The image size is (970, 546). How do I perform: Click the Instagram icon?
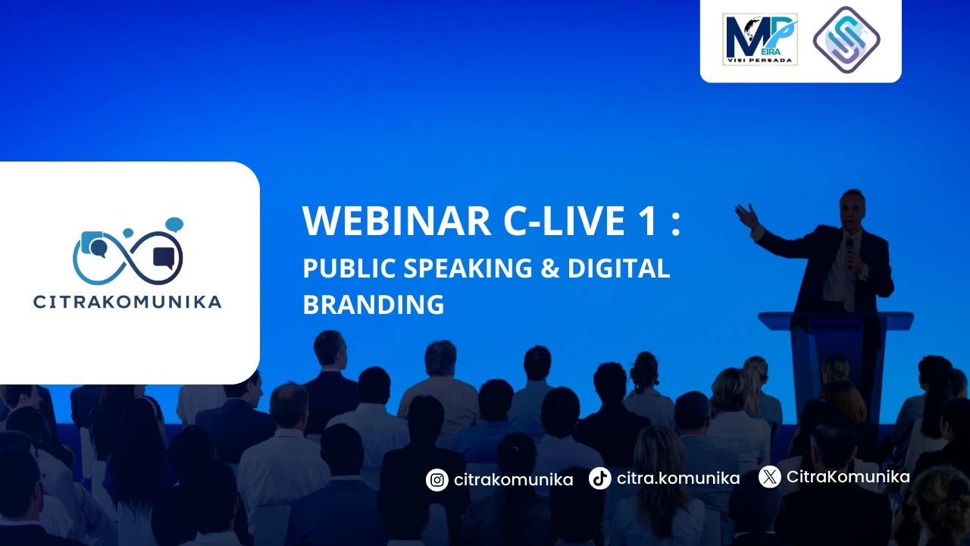tap(436, 479)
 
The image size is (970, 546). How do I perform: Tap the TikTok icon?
tap(600, 479)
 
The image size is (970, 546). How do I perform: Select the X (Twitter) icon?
tap(769, 477)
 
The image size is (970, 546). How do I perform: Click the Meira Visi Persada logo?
tap(759, 39)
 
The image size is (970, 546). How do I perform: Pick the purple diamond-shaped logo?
tap(846, 39)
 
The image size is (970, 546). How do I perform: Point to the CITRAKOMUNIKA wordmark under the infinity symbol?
tap(127, 302)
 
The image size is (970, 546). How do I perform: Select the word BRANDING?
tap(373, 304)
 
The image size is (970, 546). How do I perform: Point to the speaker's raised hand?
tap(746, 215)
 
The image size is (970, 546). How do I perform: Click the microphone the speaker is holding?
tap(850, 251)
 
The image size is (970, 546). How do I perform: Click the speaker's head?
tap(852, 206)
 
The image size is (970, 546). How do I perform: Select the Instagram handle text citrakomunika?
tap(513, 479)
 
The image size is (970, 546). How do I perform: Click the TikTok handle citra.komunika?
tap(678, 479)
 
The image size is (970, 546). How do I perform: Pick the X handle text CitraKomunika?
tap(848, 477)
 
